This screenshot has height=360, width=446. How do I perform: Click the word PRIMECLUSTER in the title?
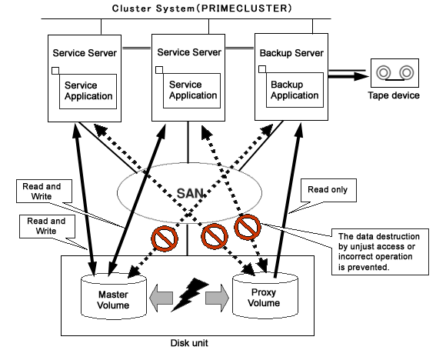coord(245,8)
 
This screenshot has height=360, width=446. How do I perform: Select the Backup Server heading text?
coord(291,53)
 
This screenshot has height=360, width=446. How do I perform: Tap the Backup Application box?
coord(295,90)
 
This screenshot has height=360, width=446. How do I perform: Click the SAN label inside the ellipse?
coord(190,194)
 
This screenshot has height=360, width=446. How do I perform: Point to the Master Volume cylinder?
coord(114,296)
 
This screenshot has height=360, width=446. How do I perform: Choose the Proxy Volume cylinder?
coord(265,295)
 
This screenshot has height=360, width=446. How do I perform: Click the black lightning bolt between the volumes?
coord(190,295)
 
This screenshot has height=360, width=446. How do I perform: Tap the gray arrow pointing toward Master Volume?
coord(161,298)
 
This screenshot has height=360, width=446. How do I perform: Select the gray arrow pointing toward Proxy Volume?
coord(218,298)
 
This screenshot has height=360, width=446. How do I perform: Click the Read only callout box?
coord(328,190)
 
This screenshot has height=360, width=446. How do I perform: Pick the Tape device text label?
coord(394,95)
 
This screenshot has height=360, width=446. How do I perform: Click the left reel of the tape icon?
coord(384,72)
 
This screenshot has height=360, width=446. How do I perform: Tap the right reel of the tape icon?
coord(407,72)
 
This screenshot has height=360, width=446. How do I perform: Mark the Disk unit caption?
coord(189,343)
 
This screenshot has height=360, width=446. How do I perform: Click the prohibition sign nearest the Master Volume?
coord(165,238)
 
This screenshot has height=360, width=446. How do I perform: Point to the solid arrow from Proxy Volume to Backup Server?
coord(288,200)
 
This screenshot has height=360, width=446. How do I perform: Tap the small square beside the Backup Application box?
coord(262,69)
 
